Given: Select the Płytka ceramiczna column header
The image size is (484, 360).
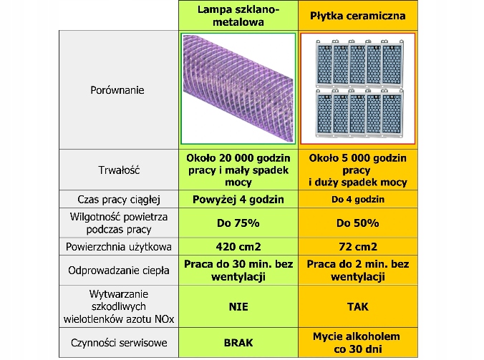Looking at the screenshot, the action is [357, 15].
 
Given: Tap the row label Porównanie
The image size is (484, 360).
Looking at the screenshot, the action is [117, 90].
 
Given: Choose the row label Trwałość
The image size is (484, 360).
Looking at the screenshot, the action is [117, 170].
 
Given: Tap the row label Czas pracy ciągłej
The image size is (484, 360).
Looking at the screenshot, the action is [117, 200].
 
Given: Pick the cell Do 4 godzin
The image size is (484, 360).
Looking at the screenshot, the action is [357, 200].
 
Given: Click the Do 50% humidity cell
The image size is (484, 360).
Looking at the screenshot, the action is [357, 223].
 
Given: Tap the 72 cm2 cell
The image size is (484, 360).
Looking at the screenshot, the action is [357, 247].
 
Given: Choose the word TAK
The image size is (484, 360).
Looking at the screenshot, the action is [357, 306].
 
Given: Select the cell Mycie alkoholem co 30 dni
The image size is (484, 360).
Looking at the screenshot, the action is [357, 342].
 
